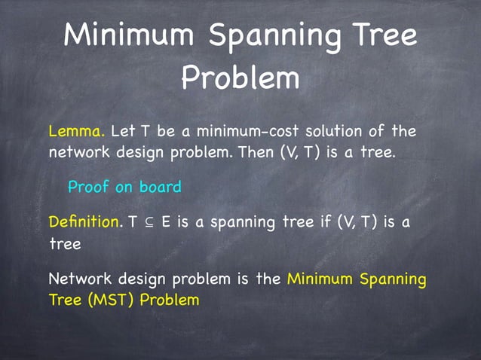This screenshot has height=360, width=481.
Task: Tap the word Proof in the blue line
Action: pos(89,187)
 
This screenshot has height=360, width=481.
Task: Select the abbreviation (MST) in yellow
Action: pos(112,300)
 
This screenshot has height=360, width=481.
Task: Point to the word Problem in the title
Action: pos(240,78)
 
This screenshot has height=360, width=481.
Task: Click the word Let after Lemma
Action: pos(122,132)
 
